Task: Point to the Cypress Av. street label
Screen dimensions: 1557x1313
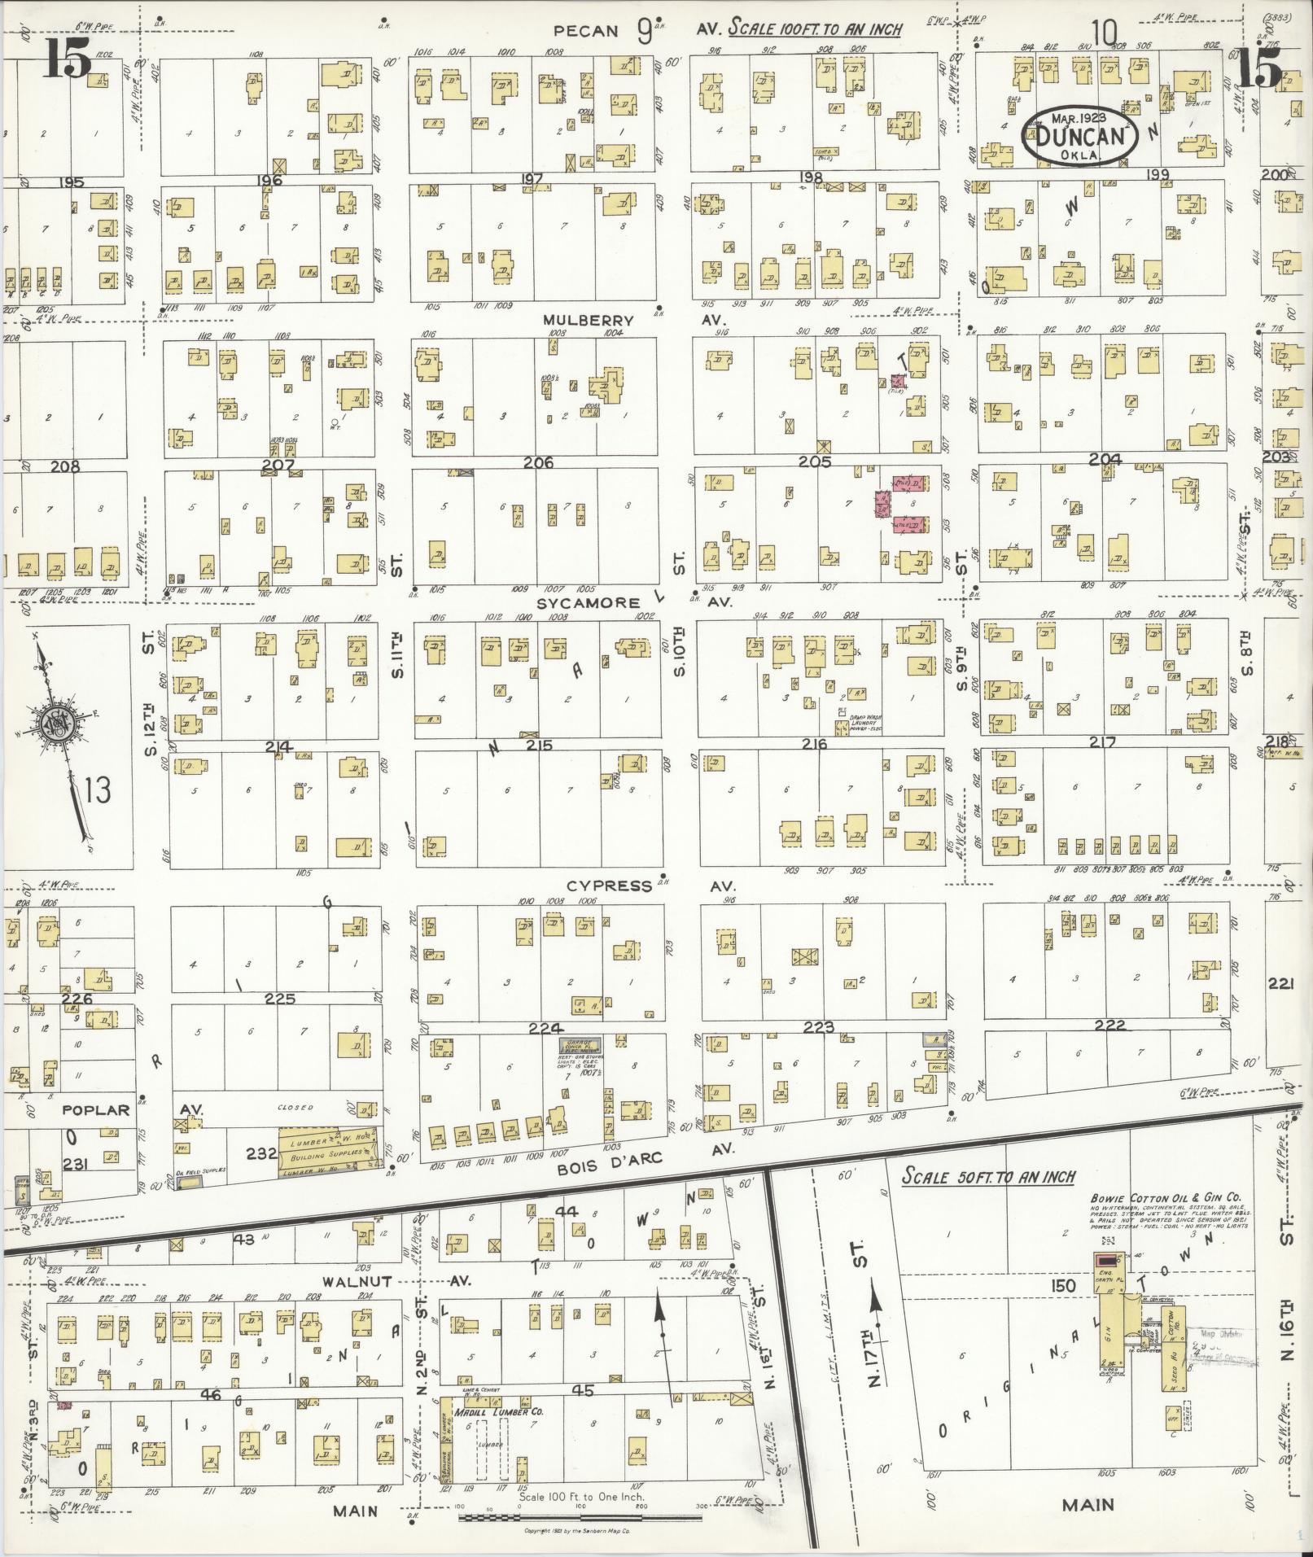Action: coord(610,886)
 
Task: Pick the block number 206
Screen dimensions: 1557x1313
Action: coord(538,462)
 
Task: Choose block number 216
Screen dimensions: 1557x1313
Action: coord(814,744)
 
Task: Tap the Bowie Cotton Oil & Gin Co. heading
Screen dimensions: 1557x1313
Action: coord(1166,1197)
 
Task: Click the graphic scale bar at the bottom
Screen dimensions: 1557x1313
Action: coord(580,1517)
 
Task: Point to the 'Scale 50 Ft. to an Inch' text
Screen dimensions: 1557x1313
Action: coord(987,1177)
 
